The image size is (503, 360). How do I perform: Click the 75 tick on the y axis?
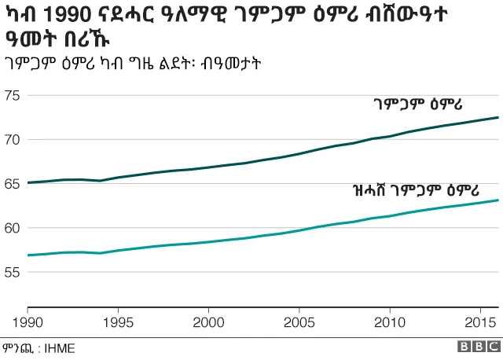click(x=13, y=96)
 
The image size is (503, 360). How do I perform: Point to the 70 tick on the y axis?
click(x=13, y=140)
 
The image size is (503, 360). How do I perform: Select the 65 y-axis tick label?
click(x=13, y=184)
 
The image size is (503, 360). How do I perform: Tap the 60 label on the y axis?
click(x=13, y=228)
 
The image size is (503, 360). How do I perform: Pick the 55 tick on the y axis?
click(x=13, y=272)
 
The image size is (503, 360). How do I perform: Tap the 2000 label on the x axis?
click(x=208, y=321)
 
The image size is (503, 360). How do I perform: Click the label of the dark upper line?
click(x=417, y=104)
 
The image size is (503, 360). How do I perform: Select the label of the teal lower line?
click(x=406, y=189)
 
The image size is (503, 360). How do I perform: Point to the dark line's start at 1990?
click(x=28, y=182)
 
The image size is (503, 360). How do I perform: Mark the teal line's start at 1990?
click(x=28, y=255)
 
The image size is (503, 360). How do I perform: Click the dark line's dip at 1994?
click(x=101, y=181)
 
